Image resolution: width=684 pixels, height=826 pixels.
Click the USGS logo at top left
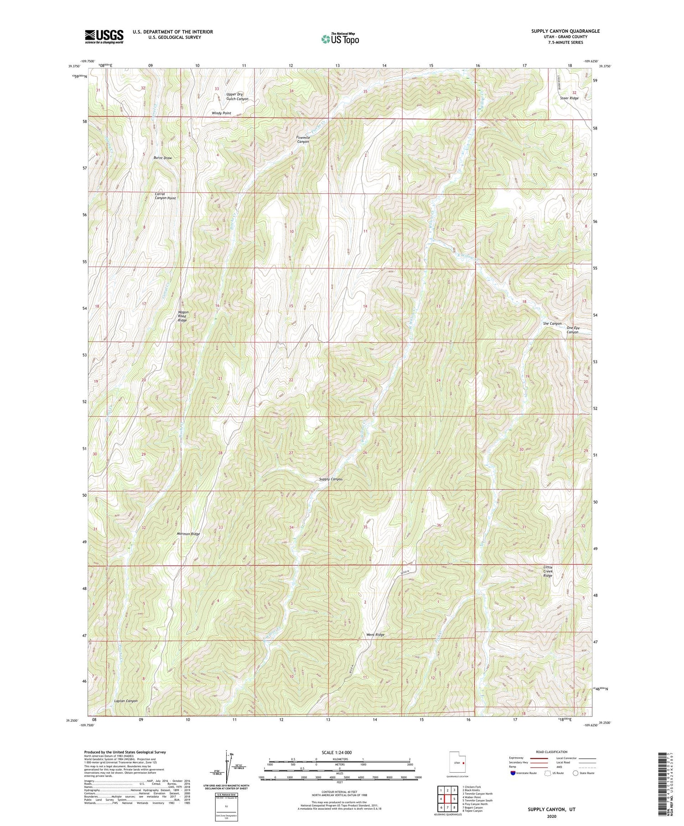click(x=104, y=36)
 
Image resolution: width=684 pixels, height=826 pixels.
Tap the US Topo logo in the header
click(x=340, y=39)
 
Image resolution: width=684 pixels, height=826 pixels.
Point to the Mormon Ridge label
click(x=189, y=534)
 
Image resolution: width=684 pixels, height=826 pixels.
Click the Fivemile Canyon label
click(x=303, y=139)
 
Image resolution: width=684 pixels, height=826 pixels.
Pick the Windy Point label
click(x=221, y=113)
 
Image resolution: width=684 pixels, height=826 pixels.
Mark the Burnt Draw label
click(x=162, y=158)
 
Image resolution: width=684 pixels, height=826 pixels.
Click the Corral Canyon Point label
click(x=165, y=196)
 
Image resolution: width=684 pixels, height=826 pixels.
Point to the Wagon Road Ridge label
click(x=182, y=316)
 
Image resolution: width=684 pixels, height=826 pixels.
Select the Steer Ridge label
click(x=569, y=98)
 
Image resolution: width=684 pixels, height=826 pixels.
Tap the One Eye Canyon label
click(x=572, y=330)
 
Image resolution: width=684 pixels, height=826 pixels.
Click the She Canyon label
click(x=552, y=323)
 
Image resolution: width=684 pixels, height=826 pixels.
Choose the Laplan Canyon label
click(x=125, y=701)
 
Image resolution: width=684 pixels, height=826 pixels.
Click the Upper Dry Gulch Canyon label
click(x=237, y=97)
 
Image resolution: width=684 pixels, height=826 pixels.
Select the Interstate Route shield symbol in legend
click(x=513, y=773)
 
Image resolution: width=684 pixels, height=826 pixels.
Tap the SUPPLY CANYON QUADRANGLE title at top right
click(x=565, y=31)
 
